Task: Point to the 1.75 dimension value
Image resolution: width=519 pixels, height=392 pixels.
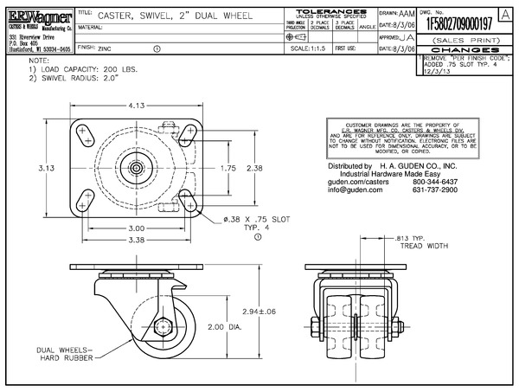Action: pos(227,167)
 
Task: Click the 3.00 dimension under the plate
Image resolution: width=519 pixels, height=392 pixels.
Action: pos(136,228)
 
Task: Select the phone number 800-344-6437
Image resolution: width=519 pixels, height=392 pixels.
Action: pos(438,182)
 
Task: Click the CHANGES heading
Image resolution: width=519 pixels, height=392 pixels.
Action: pos(466,49)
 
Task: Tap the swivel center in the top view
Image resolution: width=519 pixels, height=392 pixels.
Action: pos(138,167)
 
